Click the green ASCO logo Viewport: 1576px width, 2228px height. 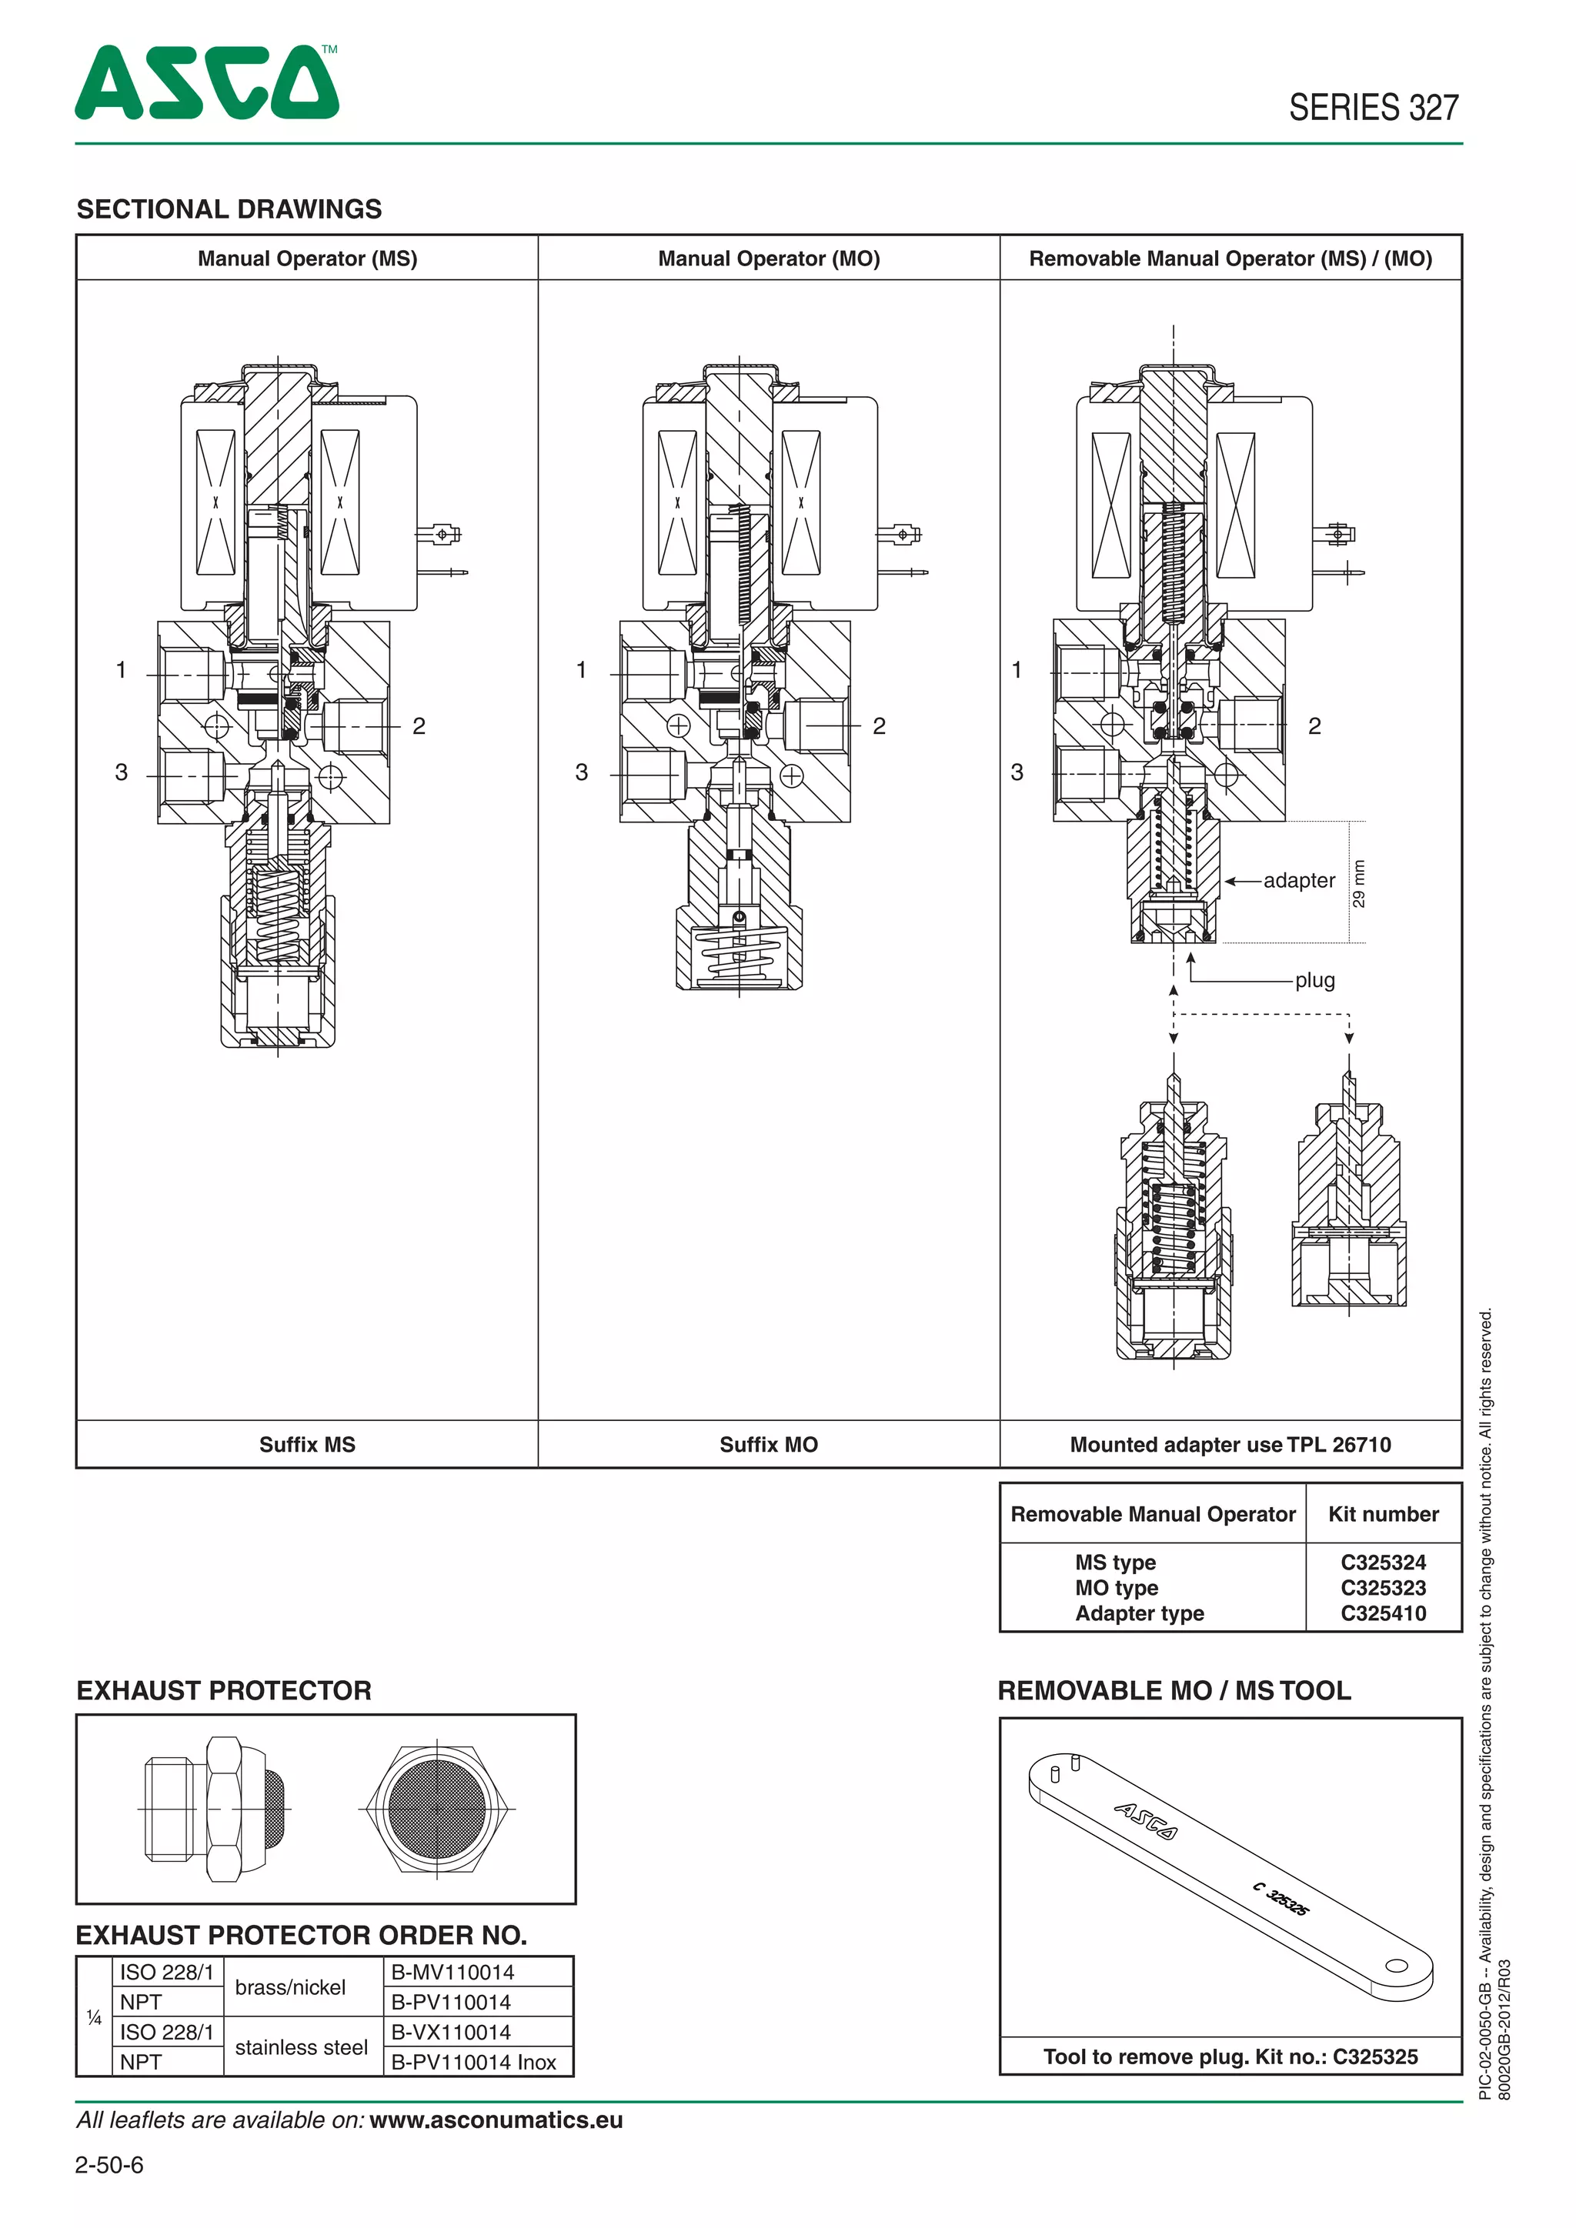[207, 83]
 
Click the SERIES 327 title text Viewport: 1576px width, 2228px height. [1372, 108]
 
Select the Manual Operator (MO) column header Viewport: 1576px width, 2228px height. [769, 259]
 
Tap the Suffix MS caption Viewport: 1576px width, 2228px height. [307, 1444]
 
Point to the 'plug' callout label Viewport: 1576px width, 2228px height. [1314, 980]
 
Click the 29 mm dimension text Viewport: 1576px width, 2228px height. [1359, 883]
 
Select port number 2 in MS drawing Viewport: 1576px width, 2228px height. [419, 725]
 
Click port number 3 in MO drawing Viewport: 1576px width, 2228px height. [581, 772]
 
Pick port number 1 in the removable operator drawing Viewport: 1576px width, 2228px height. [1016, 669]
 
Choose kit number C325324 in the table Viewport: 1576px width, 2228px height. [1383, 1563]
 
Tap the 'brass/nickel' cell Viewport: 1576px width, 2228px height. [290, 1987]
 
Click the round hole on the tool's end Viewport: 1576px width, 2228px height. [1395, 1966]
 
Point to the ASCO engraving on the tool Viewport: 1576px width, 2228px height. [1145, 1820]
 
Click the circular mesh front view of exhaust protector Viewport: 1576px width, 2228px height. [436, 1809]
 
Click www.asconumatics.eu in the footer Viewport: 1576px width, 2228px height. [496, 2120]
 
